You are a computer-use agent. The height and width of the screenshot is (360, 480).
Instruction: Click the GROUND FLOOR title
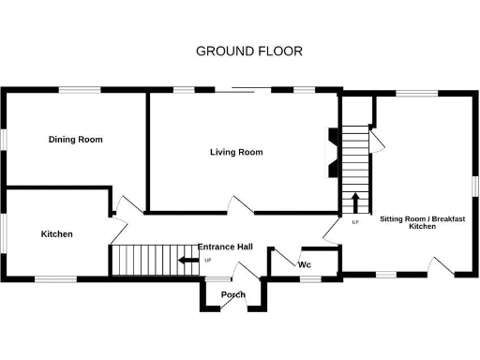pos(249,51)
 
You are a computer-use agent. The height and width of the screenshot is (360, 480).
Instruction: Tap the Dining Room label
pos(75,140)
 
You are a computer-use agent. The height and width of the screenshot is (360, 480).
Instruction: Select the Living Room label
pos(236,152)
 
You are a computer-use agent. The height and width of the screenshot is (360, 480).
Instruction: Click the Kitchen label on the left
pos(56,233)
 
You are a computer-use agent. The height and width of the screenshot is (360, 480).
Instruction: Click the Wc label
pos(304,264)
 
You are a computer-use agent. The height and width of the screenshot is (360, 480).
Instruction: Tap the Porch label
pos(232,295)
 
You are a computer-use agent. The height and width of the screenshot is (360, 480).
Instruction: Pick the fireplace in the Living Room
pos(331,152)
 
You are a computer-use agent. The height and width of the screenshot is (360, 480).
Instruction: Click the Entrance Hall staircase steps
pos(141,260)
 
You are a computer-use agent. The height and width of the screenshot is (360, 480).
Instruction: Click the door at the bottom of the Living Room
pos(242,204)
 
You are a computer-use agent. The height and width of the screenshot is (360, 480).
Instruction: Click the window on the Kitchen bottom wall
pos(56,277)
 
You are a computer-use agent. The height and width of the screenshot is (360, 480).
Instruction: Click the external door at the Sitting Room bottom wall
pos(441,266)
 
